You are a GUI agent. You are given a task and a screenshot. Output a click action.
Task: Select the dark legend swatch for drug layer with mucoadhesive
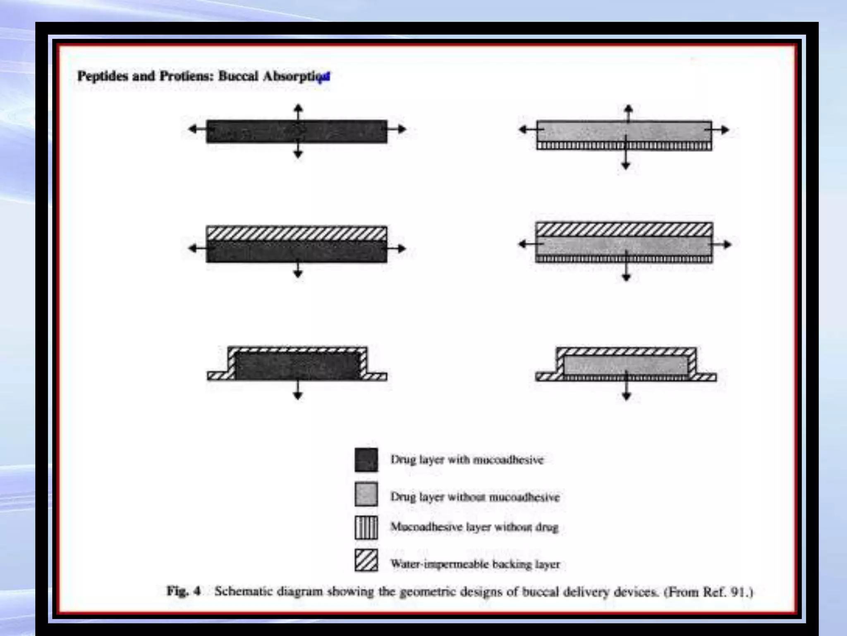click(366, 460)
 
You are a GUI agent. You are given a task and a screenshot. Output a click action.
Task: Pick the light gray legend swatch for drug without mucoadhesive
click(366, 494)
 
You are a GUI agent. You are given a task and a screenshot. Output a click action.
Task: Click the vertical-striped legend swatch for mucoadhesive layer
click(366, 528)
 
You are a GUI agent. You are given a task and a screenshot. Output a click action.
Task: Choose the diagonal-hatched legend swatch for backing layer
click(366, 560)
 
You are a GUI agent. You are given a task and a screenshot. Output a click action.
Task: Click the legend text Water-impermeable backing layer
click(475, 564)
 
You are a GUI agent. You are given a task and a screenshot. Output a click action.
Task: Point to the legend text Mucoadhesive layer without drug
click(474, 527)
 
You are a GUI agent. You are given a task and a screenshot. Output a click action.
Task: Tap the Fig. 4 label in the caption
click(183, 591)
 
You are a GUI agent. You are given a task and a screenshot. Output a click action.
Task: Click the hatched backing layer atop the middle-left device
click(297, 233)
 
